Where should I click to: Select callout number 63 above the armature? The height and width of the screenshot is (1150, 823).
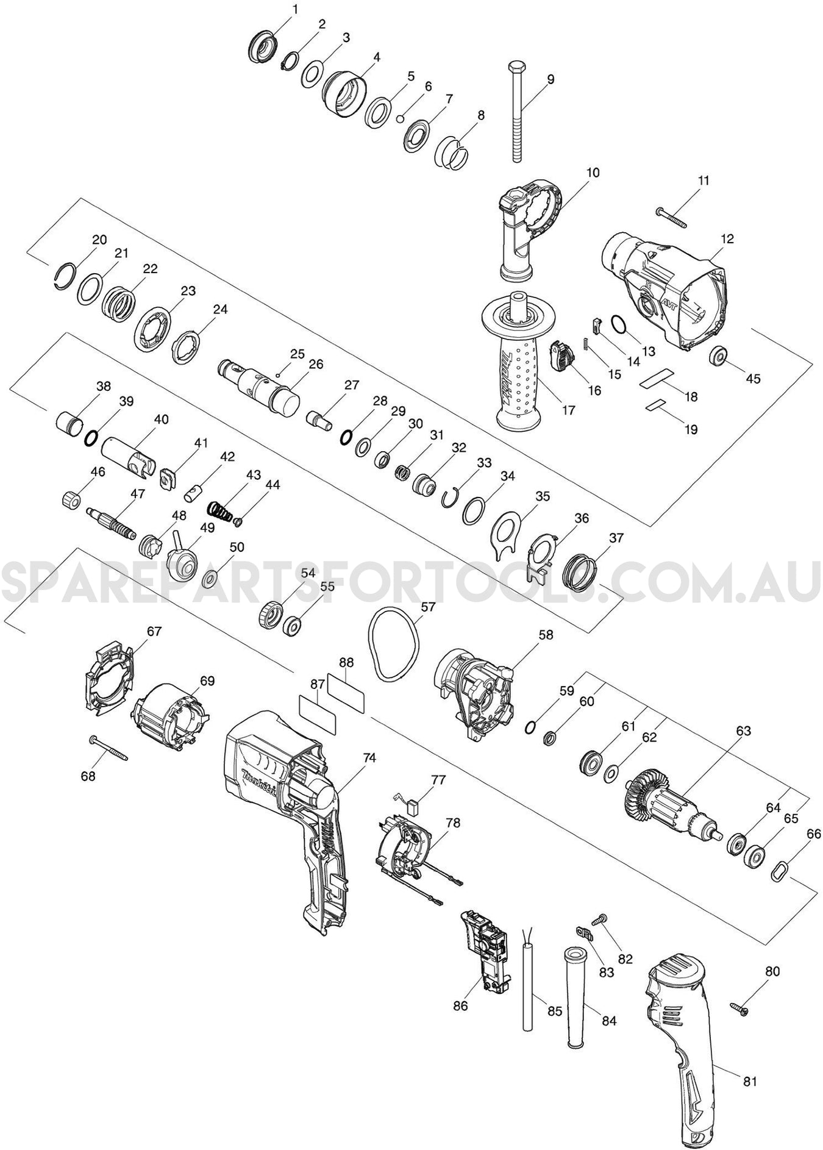coord(744,730)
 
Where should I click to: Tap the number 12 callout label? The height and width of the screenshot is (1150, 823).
coord(727,238)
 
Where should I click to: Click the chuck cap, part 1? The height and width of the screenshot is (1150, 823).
coord(263,45)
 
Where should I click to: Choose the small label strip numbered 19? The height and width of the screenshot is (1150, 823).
coord(657,404)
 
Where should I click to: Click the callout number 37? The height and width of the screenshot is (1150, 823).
coord(616,538)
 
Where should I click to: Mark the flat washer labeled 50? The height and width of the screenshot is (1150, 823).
coord(211,576)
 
